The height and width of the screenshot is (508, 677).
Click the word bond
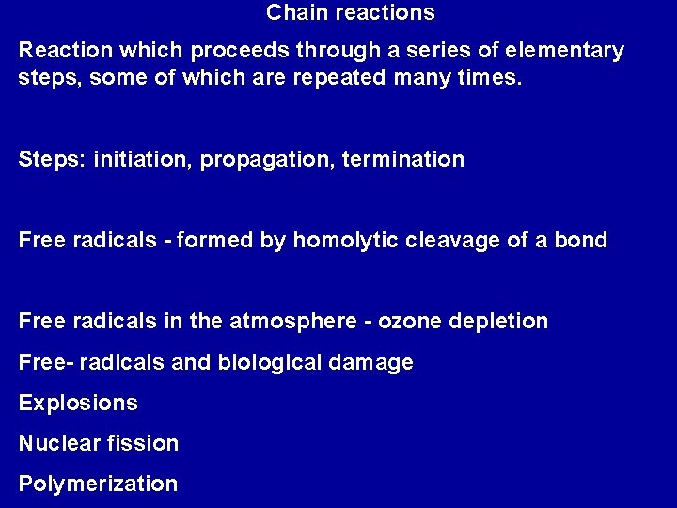click(x=581, y=240)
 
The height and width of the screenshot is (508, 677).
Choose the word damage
click(x=377, y=363)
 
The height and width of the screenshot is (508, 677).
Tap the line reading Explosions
click(x=78, y=404)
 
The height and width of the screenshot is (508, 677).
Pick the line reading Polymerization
click(x=98, y=484)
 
